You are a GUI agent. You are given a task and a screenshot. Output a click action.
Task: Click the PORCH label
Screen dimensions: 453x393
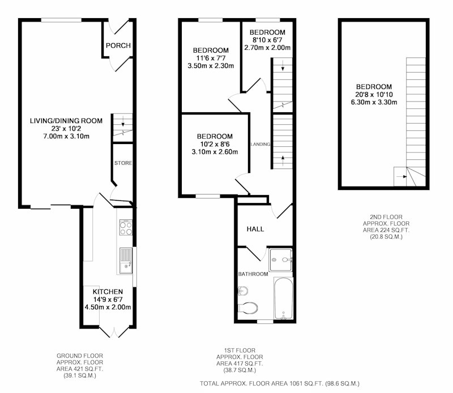click(118, 45)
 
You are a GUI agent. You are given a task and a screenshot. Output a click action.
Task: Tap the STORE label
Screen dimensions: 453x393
click(123, 163)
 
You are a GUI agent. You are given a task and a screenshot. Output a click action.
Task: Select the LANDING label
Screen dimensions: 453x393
click(260, 144)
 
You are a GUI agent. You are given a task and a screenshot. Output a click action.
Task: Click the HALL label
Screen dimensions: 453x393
click(255, 229)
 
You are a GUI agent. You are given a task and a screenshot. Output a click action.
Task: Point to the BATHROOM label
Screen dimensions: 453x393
click(253, 274)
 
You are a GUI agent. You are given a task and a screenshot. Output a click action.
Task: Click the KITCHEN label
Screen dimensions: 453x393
click(108, 291)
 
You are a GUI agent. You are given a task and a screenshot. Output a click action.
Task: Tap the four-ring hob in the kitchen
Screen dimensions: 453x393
click(126, 227)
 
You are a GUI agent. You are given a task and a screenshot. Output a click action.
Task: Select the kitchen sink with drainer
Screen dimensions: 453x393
click(126, 261)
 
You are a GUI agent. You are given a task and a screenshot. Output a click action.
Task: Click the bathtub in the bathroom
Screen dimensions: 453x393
click(284, 298)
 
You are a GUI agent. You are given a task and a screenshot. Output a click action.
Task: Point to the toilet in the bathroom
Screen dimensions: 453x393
click(248, 308)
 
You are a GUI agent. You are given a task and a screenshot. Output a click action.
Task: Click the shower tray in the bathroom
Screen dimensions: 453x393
click(280, 260)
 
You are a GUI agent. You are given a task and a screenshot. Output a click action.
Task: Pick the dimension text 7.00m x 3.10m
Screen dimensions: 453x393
click(66, 136)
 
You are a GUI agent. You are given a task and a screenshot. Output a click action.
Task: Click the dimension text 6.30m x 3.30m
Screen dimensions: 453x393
click(374, 102)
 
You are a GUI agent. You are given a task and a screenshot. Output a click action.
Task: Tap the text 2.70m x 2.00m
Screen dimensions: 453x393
click(267, 48)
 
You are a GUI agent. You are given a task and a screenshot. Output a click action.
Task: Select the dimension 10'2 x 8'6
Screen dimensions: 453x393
click(215, 144)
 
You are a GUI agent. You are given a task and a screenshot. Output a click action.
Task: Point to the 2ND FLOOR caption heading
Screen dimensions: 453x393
click(386, 217)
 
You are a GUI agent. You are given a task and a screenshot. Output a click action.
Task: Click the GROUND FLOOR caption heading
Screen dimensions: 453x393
click(80, 356)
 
